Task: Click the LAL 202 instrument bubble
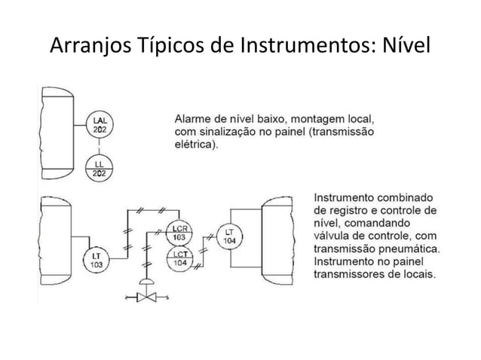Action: point(100,125)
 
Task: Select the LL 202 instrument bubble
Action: point(99,169)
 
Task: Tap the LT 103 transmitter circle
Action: point(97,260)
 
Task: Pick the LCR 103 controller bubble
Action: point(179,233)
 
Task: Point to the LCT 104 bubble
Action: point(180,259)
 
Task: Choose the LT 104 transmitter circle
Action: point(229,236)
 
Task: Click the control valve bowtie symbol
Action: point(146,297)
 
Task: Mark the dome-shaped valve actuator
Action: point(146,282)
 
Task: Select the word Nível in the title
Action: point(406,44)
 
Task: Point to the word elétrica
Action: point(196,145)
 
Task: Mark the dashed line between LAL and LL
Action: point(99,147)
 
